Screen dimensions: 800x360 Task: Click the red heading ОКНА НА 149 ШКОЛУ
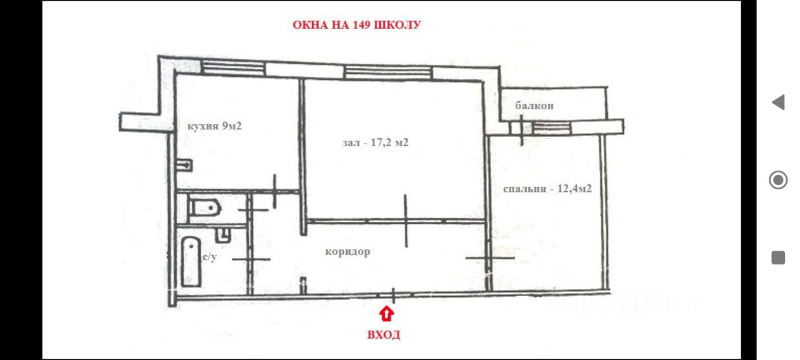pyautogui.click(x=357, y=26)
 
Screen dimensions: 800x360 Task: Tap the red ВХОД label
pyautogui.click(x=384, y=335)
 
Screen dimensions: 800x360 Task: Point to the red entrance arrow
pyautogui.click(x=387, y=313)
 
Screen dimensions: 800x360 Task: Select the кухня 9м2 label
pyautogui.click(x=214, y=126)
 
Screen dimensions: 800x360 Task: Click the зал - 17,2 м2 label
pyautogui.click(x=375, y=142)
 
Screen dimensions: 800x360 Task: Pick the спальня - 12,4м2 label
pyautogui.click(x=547, y=189)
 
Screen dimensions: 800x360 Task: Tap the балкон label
pyautogui.click(x=534, y=106)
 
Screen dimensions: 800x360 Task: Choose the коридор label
pyautogui.click(x=347, y=252)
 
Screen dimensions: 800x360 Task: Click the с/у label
pyautogui.click(x=209, y=257)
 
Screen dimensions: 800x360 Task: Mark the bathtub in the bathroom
pyautogui.click(x=190, y=261)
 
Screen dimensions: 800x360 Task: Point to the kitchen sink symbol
pyautogui.click(x=184, y=166)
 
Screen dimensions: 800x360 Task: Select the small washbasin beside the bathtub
pyautogui.click(x=222, y=234)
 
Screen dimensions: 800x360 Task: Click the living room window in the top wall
pyautogui.click(x=387, y=72)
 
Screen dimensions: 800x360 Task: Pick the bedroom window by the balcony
pyautogui.click(x=551, y=128)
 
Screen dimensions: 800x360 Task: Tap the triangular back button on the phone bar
pyautogui.click(x=778, y=102)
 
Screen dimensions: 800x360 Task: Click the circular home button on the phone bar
pyautogui.click(x=778, y=181)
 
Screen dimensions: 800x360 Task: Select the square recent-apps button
pyautogui.click(x=778, y=257)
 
